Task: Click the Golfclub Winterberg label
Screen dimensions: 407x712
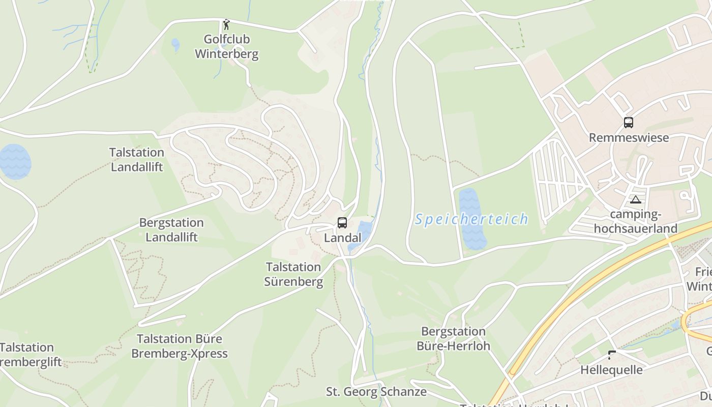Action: pos(226,46)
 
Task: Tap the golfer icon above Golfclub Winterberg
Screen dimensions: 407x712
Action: pos(226,24)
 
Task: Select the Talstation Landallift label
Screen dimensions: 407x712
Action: pos(137,159)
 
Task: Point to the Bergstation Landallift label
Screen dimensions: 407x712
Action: pos(171,230)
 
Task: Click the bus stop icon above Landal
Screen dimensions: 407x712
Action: pos(342,222)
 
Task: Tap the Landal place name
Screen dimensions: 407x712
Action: pos(342,238)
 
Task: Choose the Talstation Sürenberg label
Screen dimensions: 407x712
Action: pos(293,274)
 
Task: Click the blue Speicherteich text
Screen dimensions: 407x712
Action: pos(471,219)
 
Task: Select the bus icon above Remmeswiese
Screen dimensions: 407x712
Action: pos(629,123)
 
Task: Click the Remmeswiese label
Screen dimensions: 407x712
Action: pos(629,137)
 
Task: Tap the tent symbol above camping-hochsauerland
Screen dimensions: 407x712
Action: pos(635,199)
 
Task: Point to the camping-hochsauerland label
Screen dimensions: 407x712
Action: pos(636,221)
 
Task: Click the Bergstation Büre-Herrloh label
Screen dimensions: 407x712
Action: pos(454,339)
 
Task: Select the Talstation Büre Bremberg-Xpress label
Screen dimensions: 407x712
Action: pos(180,346)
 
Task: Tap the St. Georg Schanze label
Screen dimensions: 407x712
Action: pos(376,392)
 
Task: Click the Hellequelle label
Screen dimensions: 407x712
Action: pos(612,370)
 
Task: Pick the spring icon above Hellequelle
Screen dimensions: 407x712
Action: pos(612,355)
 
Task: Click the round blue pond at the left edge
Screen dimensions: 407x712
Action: pos(14,161)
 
